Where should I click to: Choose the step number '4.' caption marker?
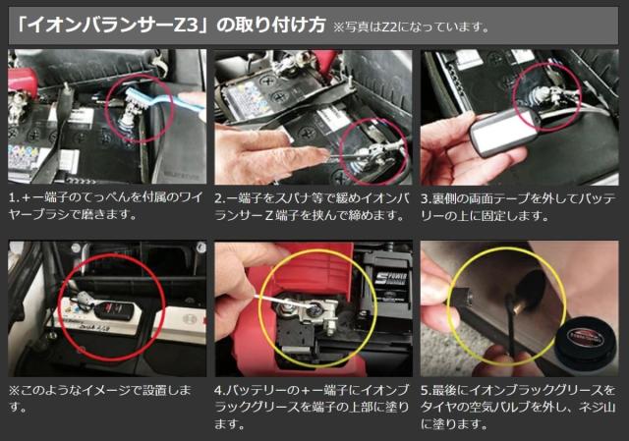[220, 390]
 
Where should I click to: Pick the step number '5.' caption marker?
[425, 390]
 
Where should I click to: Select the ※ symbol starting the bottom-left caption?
[14, 390]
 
